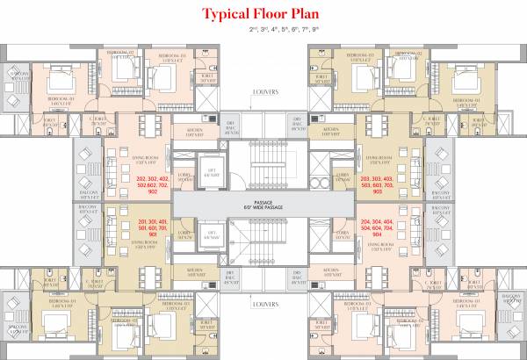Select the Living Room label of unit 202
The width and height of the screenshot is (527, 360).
[x=143, y=159]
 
